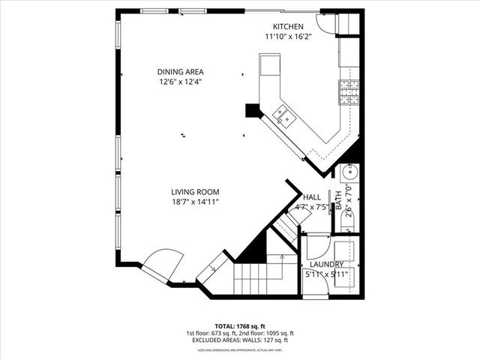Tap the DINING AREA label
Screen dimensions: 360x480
click(181, 71)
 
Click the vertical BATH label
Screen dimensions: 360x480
click(338, 199)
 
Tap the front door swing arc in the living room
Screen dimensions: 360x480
click(162, 264)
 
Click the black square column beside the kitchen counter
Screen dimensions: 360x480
click(251, 110)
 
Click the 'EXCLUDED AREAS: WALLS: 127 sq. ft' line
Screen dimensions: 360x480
click(239, 340)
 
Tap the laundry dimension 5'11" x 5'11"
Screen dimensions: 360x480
click(325, 274)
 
